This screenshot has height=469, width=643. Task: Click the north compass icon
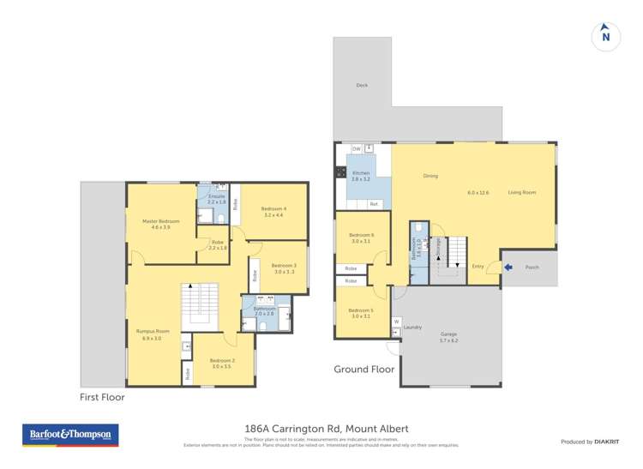[606, 36]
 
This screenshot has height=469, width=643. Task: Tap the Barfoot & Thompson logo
[71, 435]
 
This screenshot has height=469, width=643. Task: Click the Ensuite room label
[216, 197]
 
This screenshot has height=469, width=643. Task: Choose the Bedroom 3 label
[284, 266]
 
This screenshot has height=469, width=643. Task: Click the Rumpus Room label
[153, 331]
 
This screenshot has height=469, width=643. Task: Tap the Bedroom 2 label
[221, 360]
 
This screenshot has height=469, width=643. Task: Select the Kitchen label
[360, 173]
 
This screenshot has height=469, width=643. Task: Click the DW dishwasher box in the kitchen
[356, 149]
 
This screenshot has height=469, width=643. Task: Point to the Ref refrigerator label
[374, 204]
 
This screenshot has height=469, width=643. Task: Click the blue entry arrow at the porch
[508, 268]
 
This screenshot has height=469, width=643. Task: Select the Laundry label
[412, 327]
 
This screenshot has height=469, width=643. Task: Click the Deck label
[362, 85]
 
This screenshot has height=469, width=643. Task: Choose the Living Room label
[521, 192]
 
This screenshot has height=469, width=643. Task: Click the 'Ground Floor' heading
[364, 370]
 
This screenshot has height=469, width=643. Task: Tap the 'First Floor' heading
[102, 397]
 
